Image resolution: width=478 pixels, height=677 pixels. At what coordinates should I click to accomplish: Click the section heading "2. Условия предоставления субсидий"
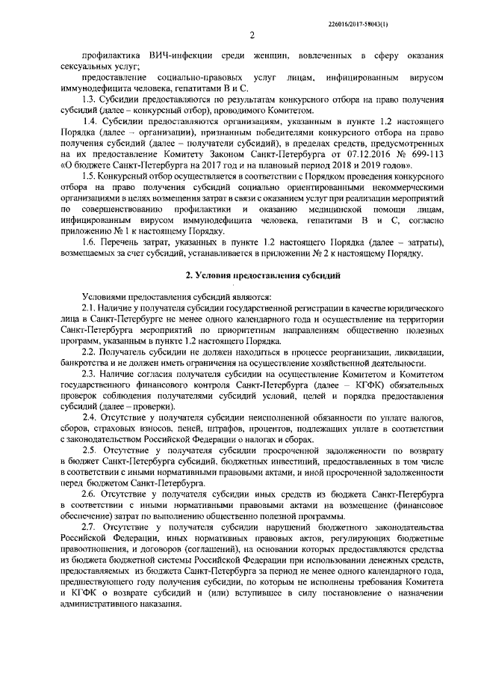click(252, 277)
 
